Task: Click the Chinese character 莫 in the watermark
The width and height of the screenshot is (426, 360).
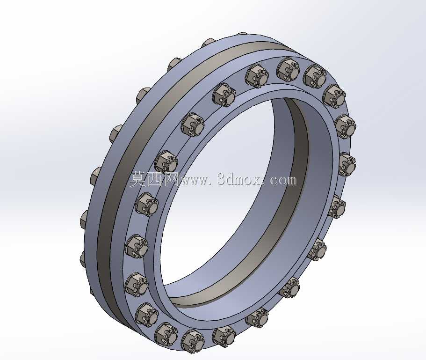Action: [x=137, y=179]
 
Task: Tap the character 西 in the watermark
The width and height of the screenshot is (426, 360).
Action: [x=154, y=179]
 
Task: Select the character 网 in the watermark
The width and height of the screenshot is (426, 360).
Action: [x=170, y=179]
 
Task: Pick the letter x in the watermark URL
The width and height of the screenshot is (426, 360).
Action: [x=257, y=181]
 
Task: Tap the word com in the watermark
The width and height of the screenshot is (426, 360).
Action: [x=283, y=181]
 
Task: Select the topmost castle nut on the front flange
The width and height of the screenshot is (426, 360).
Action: [x=288, y=70]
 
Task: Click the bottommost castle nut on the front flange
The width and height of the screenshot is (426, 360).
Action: [x=193, y=341]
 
